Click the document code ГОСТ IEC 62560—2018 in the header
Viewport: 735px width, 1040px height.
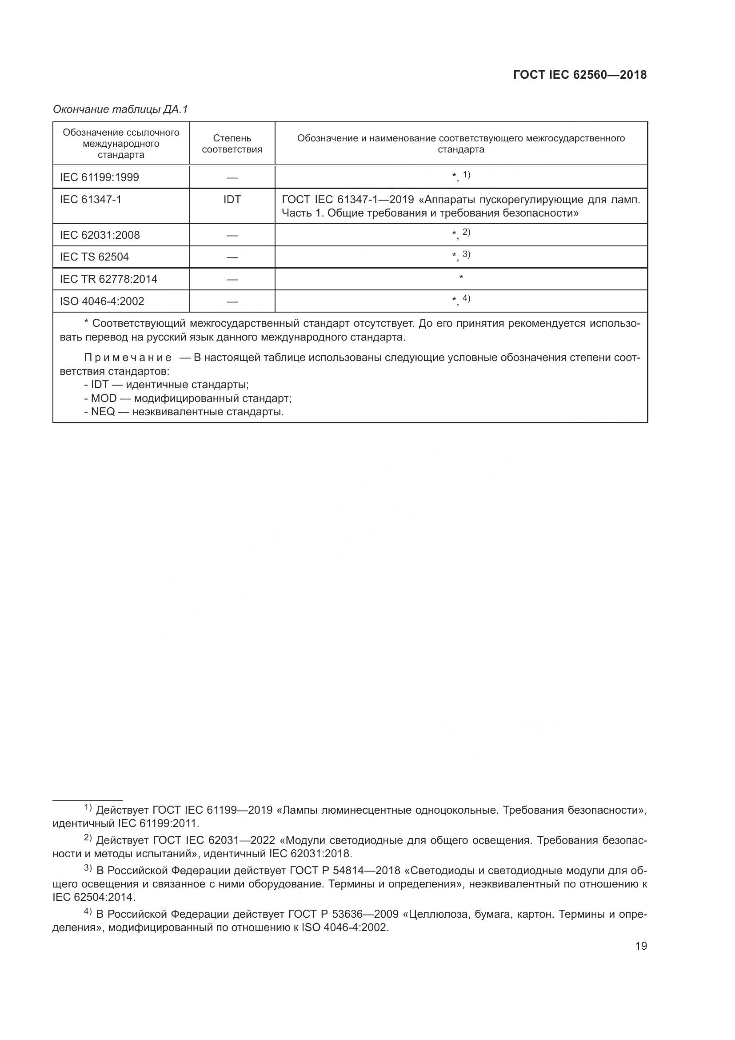[580, 75]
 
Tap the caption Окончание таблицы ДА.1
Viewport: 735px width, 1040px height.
[120, 109]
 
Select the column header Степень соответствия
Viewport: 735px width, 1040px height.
[232, 144]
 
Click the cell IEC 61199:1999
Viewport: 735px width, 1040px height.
[99, 177]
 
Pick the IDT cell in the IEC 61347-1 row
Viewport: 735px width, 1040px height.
[232, 199]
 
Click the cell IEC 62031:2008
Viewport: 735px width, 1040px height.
[100, 235]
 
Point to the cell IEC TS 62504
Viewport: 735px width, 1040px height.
[94, 257]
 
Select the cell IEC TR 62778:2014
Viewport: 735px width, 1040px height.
[108, 279]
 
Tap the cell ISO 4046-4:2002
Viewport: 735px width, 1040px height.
[102, 301]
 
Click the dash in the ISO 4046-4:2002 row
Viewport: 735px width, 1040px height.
[232, 301]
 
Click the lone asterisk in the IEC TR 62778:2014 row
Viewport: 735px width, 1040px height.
[461, 277]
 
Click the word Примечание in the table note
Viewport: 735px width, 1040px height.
[128, 358]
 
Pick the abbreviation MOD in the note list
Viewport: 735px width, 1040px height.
[104, 398]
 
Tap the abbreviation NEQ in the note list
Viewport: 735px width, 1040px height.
[103, 412]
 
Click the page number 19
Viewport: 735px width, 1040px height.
[641, 946]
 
